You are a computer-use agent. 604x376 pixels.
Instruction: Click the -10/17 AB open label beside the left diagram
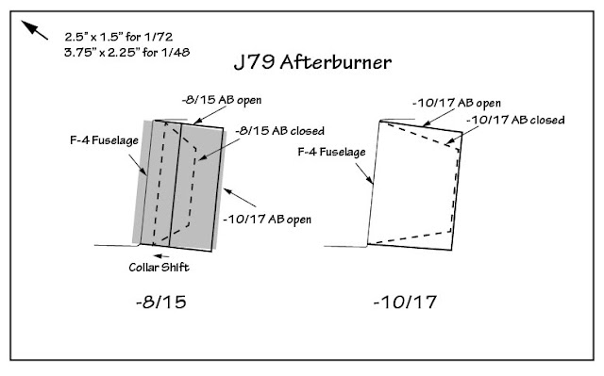tap(271, 219)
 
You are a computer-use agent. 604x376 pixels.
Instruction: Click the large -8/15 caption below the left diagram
tap(166, 303)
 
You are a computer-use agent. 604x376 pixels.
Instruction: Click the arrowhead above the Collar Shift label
tap(165, 251)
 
